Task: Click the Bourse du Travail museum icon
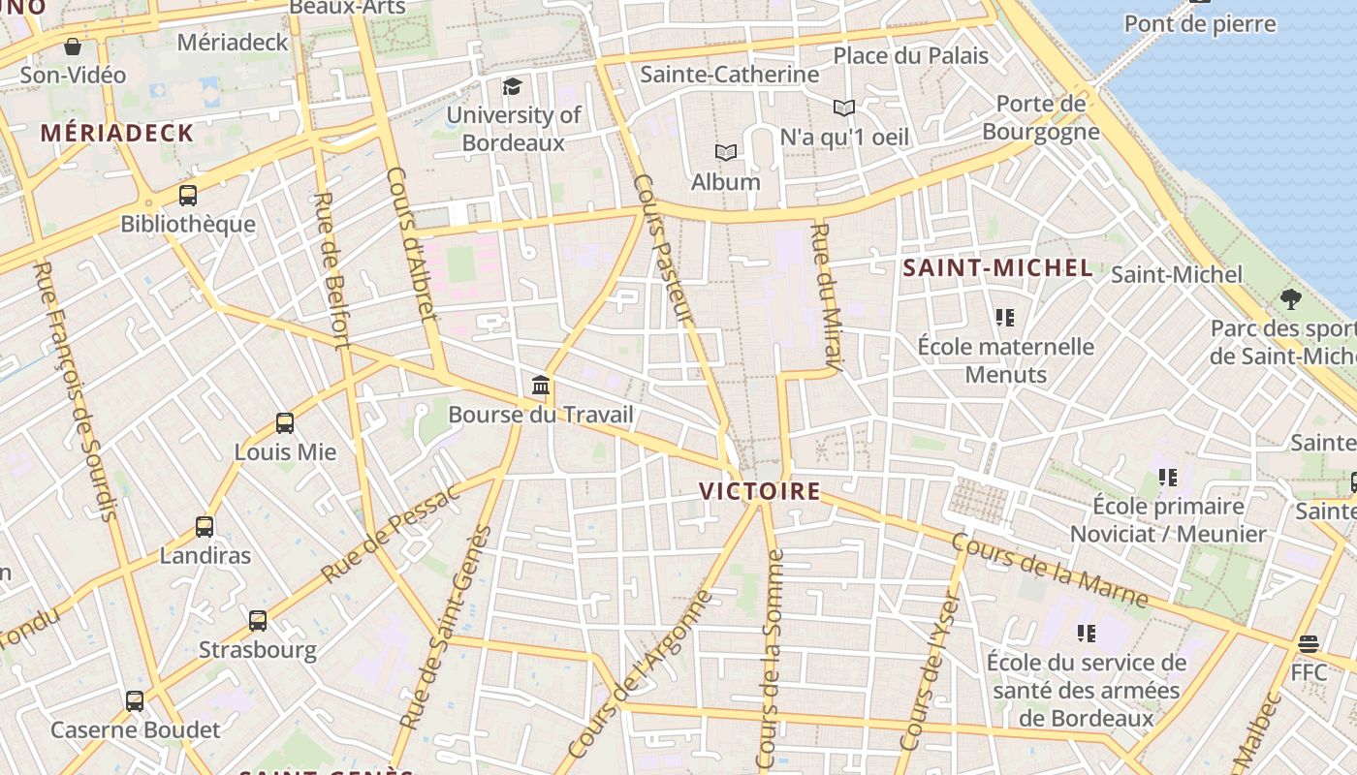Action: tap(541, 386)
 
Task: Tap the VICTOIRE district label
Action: tap(760, 491)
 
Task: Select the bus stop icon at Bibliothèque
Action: tap(188, 195)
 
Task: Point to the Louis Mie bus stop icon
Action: tap(285, 423)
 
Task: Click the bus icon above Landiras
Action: tap(205, 527)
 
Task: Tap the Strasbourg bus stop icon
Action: tap(258, 620)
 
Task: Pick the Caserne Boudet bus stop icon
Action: tap(135, 700)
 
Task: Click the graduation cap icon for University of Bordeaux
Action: tap(512, 86)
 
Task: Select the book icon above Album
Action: tap(726, 152)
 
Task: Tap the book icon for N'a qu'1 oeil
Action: tap(844, 108)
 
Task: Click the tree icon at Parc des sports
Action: tap(1290, 298)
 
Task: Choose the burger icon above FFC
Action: tap(1309, 643)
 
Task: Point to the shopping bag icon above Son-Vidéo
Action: tap(73, 46)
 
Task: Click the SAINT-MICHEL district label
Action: tap(997, 268)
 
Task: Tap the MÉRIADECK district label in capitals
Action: tap(117, 134)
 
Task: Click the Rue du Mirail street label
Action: tap(824, 296)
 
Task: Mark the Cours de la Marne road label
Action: tap(1050, 572)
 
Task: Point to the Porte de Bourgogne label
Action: tap(1041, 117)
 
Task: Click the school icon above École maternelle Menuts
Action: tap(1005, 317)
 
